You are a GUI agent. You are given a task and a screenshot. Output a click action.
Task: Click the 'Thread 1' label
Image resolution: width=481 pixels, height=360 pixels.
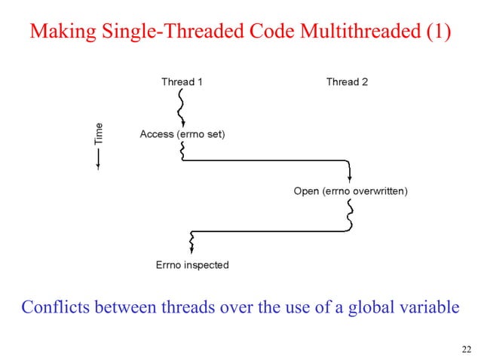tap(182, 81)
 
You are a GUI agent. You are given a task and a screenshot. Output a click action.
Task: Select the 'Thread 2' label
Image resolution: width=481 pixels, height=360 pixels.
tap(347, 81)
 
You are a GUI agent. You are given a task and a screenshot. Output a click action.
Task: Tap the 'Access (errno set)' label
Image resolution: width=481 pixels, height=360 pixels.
tap(182, 134)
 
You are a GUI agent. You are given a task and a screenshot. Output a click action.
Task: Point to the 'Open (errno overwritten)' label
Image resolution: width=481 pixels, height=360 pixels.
tap(351, 191)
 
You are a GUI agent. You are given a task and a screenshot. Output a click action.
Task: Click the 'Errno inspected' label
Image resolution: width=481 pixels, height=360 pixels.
tap(191, 264)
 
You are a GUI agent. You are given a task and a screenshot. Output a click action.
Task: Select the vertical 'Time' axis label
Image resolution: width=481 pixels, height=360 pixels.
tap(99, 133)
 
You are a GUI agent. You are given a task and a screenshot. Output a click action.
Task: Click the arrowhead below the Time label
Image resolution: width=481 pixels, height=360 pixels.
tap(99, 166)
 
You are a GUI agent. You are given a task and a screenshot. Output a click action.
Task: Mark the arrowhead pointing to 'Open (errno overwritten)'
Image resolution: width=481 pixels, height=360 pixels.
tap(349, 178)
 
